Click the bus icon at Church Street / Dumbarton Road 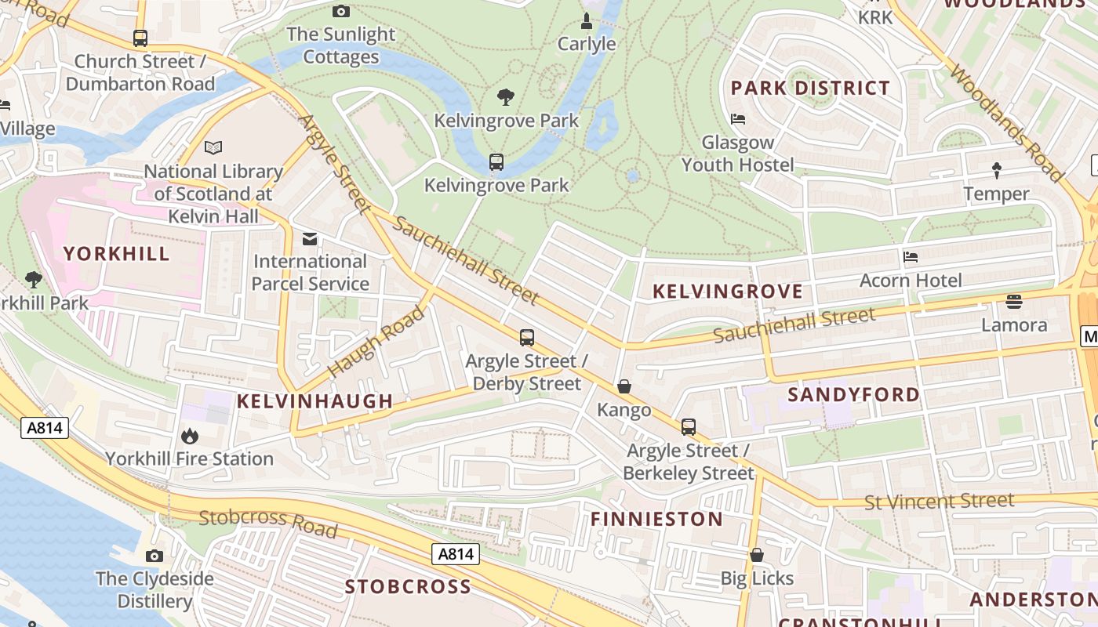(x=140, y=38)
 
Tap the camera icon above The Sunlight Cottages (x=340, y=11)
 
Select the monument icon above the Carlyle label (x=586, y=20)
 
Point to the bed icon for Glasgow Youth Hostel (x=738, y=119)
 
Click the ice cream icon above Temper (x=997, y=170)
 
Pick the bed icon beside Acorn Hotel (x=911, y=257)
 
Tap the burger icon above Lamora (x=1014, y=302)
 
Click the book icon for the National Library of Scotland (x=213, y=147)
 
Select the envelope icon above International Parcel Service (x=310, y=238)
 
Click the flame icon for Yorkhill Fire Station (x=190, y=436)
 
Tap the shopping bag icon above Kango (x=624, y=386)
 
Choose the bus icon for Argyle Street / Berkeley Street (x=688, y=427)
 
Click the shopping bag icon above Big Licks (x=757, y=556)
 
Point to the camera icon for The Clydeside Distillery (x=155, y=556)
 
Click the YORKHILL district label (x=117, y=254)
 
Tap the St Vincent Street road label (x=939, y=501)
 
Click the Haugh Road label (x=376, y=341)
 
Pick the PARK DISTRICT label (x=810, y=88)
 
